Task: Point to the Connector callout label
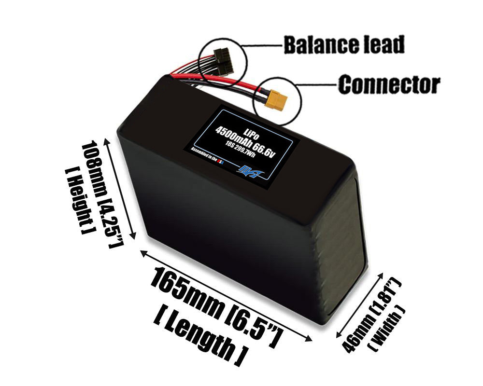[x=389, y=84]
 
